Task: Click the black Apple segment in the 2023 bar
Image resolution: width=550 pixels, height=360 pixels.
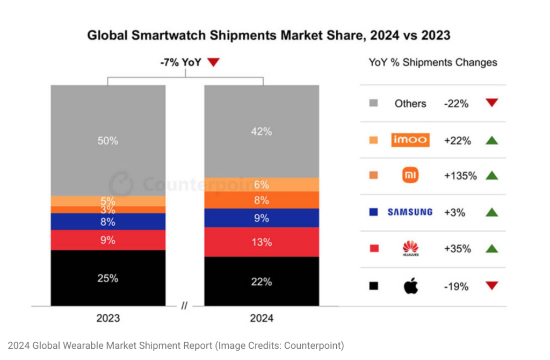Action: (x=108, y=278)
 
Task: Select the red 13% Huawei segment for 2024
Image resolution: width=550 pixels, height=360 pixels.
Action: (x=261, y=242)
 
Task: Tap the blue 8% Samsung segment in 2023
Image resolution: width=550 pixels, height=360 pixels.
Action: (x=108, y=221)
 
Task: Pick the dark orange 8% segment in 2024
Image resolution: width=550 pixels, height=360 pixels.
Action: (x=261, y=200)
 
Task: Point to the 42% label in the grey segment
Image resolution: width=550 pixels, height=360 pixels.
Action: (x=261, y=131)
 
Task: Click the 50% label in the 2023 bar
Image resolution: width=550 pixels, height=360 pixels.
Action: (x=108, y=141)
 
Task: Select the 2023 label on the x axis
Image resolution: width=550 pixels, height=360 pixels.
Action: (x=108, y=318)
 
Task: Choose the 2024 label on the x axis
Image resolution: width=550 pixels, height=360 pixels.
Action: (x=262, y=318)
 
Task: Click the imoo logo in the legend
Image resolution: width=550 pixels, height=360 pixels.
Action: (x=410, y=140)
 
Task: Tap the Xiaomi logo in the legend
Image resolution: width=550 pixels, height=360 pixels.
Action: (x=410, y=176)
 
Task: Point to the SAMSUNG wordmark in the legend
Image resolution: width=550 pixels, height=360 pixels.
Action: (x=410, y=212)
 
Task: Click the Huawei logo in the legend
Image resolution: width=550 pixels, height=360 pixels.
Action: (x=410, y=248)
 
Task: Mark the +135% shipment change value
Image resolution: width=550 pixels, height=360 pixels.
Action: (x=460, y=176)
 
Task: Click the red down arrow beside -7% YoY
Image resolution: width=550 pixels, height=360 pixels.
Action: (x=213, y=63)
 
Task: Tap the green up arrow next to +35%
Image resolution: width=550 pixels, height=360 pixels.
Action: (x=491, y=249)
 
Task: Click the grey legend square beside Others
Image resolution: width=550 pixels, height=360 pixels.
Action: (x=374, y=103)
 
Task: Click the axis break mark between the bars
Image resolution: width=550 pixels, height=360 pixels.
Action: (x=184, y=306)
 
